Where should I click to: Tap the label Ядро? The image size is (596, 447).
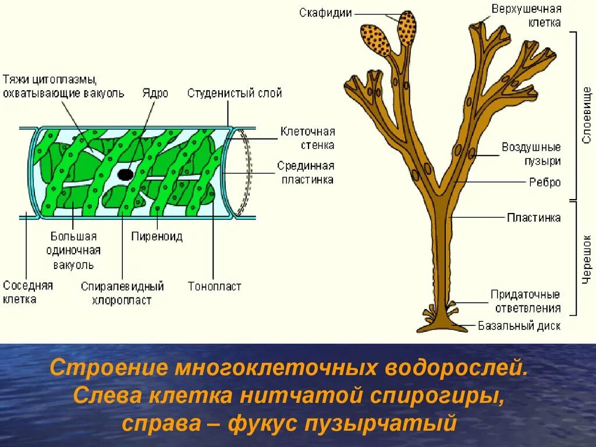point(155,93)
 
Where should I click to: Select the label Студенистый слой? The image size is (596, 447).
point(235,93)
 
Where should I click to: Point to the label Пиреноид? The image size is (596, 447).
point(157,237)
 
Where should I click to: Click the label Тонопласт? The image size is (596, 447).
point(214,286)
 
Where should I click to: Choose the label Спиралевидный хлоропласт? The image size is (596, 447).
point(122,293)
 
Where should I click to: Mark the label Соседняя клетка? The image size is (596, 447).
point(28,292)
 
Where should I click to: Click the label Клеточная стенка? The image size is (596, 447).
point(307,139)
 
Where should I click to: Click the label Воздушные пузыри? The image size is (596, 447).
point(531,154)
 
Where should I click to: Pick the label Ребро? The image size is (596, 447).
point(545,182)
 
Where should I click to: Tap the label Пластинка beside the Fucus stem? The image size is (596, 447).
point(534,218)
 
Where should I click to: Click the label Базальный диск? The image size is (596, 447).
point(519,326)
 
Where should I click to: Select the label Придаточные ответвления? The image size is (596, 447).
point(526,301)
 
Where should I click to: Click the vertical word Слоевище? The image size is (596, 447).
point(587,115)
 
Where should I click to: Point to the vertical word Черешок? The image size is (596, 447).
point(587,259)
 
